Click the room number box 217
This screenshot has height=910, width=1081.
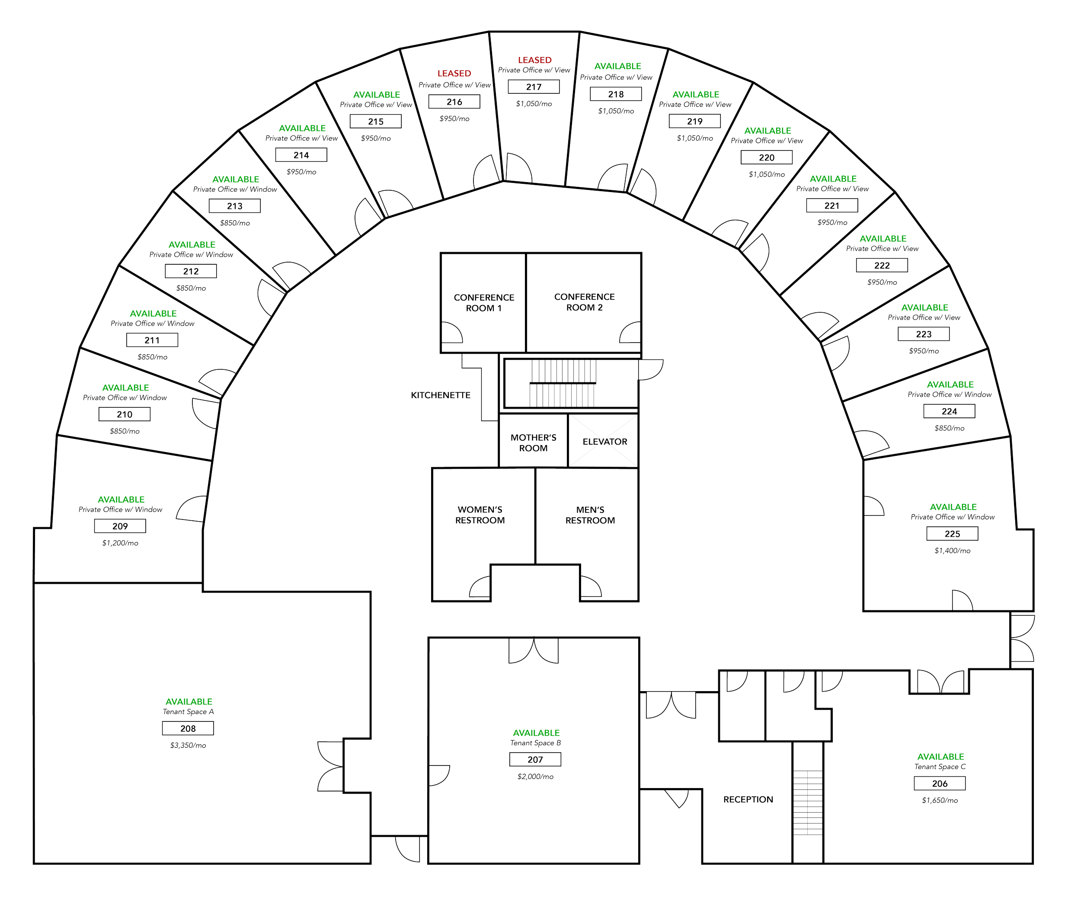pyautogui.click(x=533, y=87)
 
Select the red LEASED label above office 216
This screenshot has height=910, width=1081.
pyautogui.click(x=454, y=73)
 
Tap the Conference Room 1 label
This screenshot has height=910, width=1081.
pyautogui.click(x=484, y=303)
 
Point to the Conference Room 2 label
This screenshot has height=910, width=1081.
pyautogui.click(x=584, y=302)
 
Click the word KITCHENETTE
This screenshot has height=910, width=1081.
pyautogui.click(x=441, y=396)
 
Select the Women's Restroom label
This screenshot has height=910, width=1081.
pyautogui.click(x=480, y=515)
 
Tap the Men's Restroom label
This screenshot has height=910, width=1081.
pyautogui.click(x=590, y=515)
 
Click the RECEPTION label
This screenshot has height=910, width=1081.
pyautogui.click(x=748, y=800)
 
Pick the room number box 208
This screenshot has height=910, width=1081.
pyautogui.click(x=188, y=728)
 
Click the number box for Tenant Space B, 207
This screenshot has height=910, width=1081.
pyautogui.click(x=535, y=759)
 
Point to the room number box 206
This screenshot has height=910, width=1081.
pyautogui.click(x=940, y=784)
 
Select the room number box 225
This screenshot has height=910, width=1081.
pyautogui.click(x=952, y=534)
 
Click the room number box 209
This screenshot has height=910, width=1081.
pyautogui.click(x=120, y=526)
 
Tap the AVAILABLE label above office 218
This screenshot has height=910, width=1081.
pyautogui.click(x=617, y=65)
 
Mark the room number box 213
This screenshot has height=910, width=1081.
pyautogui.click(x=235, y=206)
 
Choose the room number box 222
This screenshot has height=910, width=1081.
pyautogui.click(x=882, y=266)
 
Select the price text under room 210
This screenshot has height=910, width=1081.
pyautogui.click(x=124, y=431)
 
